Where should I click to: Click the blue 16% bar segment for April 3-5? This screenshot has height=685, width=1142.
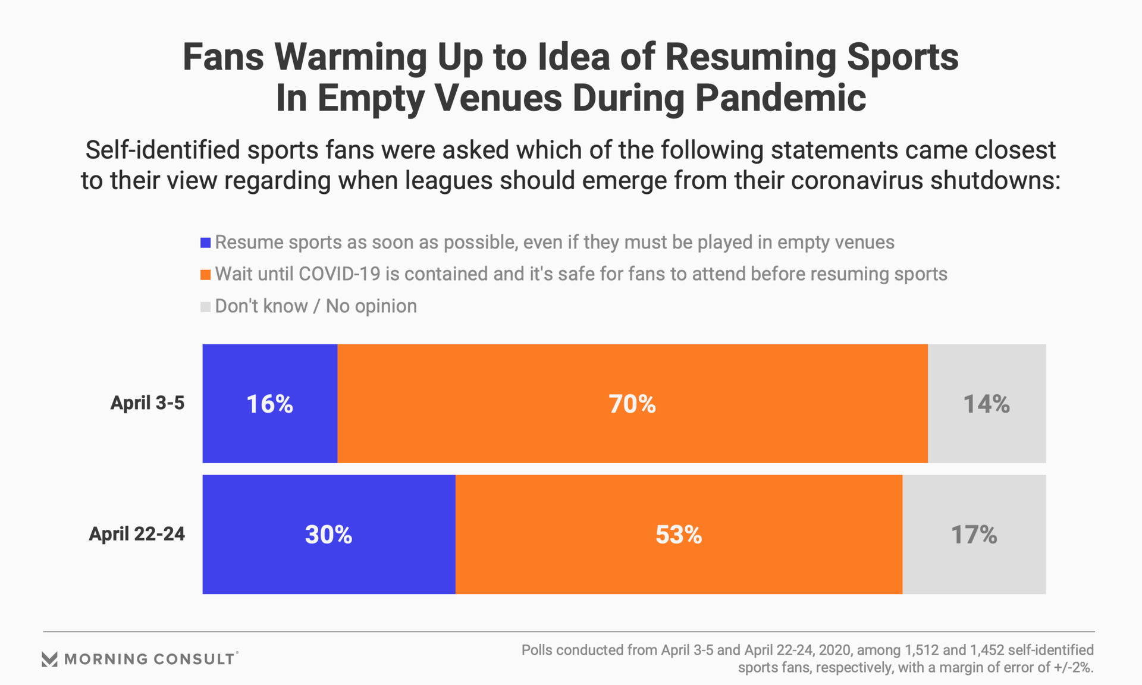coord(269,403)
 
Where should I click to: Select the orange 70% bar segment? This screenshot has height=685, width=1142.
coord(632,403)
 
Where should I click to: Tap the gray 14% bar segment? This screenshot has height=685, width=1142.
coord(987,403)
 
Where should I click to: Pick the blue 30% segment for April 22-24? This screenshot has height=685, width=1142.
coord(328,534)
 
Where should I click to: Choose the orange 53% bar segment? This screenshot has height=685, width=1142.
coord(679,534)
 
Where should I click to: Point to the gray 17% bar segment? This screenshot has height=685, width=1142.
coord(974,534)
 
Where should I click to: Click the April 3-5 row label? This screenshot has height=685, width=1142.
coord(148,403)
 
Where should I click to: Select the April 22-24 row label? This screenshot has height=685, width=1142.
coord(137,534)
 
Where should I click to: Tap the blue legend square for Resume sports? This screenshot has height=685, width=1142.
coord(206,243)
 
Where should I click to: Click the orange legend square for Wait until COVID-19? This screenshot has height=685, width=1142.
coord(206,275)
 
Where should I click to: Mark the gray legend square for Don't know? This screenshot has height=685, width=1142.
coord(206,307)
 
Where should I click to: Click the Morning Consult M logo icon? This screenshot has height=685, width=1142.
coord(49,659)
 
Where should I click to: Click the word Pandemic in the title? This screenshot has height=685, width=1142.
coord(780,98)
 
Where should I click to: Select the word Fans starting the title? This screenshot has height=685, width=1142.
coord(223,58)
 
